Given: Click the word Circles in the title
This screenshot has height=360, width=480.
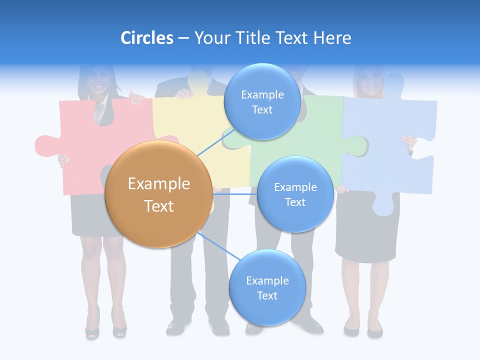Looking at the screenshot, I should [x=146, y=38].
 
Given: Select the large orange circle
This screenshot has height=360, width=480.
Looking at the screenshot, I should [x=158, y=194].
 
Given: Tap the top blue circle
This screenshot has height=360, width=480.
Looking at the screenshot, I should [x=262, y=102].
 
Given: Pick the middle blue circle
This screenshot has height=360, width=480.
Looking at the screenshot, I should [x=295, y=194].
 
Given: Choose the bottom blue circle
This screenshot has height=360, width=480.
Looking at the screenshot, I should [x=267, y=288].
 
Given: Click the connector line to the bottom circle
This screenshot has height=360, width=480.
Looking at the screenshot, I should [x=217, y=248].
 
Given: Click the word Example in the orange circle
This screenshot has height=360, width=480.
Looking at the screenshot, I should [x=158, y=184].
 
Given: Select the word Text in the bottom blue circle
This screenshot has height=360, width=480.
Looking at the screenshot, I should [x=267, y=295].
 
